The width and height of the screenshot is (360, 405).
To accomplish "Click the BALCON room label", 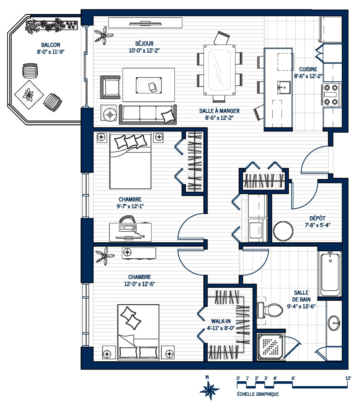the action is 51,45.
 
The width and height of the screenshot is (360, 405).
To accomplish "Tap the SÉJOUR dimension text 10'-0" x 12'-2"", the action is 144,50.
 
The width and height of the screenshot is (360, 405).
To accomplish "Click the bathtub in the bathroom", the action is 330,274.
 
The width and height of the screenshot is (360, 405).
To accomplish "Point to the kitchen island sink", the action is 283,87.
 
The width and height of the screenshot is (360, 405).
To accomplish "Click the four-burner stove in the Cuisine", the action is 331,95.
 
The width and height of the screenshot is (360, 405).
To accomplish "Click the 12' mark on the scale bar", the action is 348,378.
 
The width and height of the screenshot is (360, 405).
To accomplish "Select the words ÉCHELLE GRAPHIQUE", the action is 258,394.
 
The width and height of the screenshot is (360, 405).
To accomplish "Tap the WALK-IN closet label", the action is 221,321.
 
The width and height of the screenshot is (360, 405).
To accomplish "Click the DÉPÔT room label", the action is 317,218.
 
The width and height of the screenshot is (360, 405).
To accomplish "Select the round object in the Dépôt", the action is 283,231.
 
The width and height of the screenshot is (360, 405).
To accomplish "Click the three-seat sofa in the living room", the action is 148,114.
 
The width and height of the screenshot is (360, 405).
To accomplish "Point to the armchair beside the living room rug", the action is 110,87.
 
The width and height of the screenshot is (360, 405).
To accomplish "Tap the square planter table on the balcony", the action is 29,95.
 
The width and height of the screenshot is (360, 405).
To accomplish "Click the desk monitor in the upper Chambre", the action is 128,228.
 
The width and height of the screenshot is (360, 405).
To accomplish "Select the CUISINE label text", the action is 308,69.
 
